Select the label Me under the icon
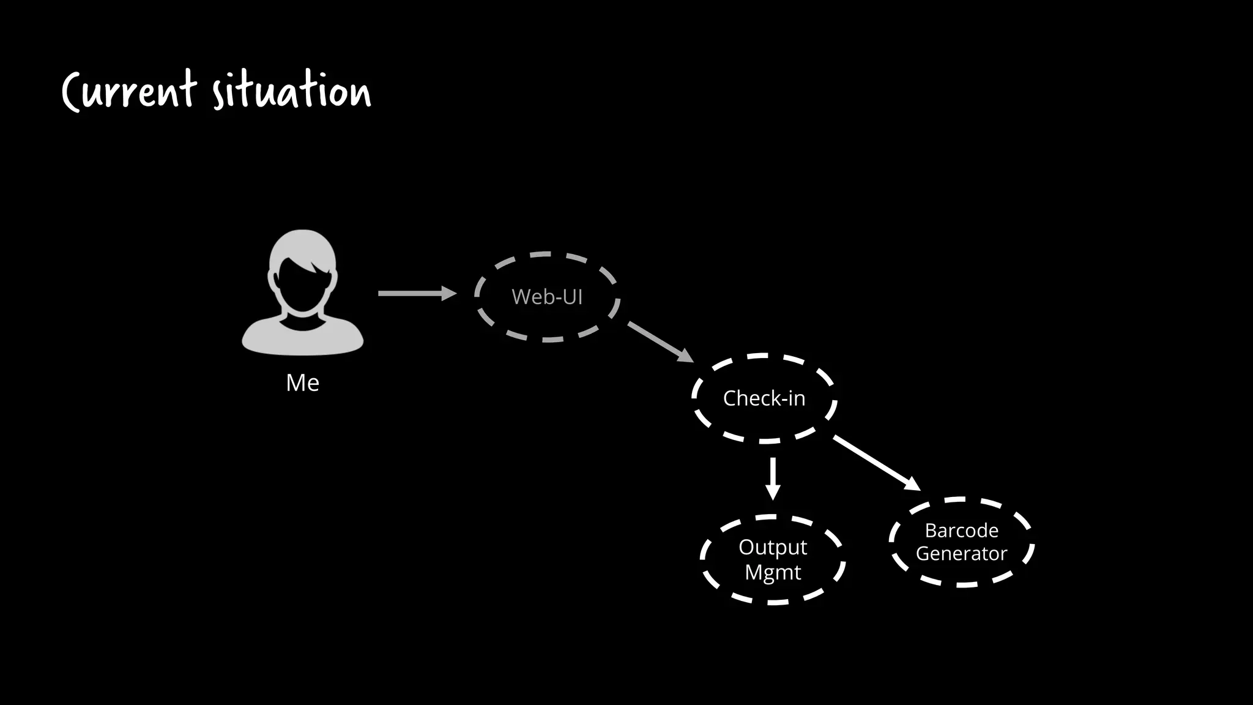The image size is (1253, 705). (x=302, y=383)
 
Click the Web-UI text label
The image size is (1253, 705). (x=547, y=297)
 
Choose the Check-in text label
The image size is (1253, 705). (x=764, y=398)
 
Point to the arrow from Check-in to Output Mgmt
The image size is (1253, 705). (x=773, y=477)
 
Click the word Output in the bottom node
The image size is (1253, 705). (x=773, y=547)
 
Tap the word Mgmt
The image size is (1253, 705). (x=773, y=573)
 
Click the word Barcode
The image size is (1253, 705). (x=961, y=530)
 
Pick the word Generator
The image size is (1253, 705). (x=961, y=554)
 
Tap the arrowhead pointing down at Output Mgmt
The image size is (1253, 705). (x=773, y=492)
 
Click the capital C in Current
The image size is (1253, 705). (x=72, y=92)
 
